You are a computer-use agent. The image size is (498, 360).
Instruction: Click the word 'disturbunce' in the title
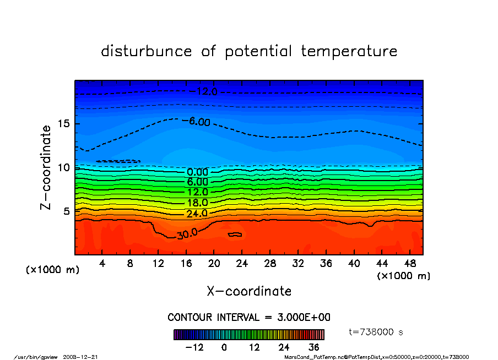pyautogui.click(x=147, y=51)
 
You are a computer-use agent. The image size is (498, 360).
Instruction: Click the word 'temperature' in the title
pyautogui.click(x=349, y=51)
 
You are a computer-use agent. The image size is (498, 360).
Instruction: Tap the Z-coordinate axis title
pyautogui.click(x=46, y=167)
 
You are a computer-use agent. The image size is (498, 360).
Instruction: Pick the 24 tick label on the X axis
pyautogui.click(x=242, y=264)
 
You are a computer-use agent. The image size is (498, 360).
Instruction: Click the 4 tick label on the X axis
pyautogui.click(x=102, y=264)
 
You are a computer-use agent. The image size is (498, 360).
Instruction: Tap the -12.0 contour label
pyautogui.click(x=203, y=91)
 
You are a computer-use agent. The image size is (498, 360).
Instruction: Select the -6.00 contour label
pyautogui.click(x=199, y=122)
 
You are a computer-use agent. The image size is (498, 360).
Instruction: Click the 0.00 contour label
pyautogui.click(x=197, y=172)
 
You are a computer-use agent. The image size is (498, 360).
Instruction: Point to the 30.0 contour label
pyautogui.click(x=187, y=234)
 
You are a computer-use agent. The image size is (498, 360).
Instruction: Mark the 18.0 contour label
pyautogui.click(x=197, y=203)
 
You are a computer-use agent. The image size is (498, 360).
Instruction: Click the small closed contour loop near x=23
pyautogui.click(x=235, y=234)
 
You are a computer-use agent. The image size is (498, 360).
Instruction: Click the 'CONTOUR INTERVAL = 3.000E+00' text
pyautogui.click(x=249, y=318)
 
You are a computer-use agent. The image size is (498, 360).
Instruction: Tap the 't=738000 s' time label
pyautogui.click(x=376, y=331)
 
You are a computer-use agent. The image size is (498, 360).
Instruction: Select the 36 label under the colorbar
pyautogui.click(x=314, y=347)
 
